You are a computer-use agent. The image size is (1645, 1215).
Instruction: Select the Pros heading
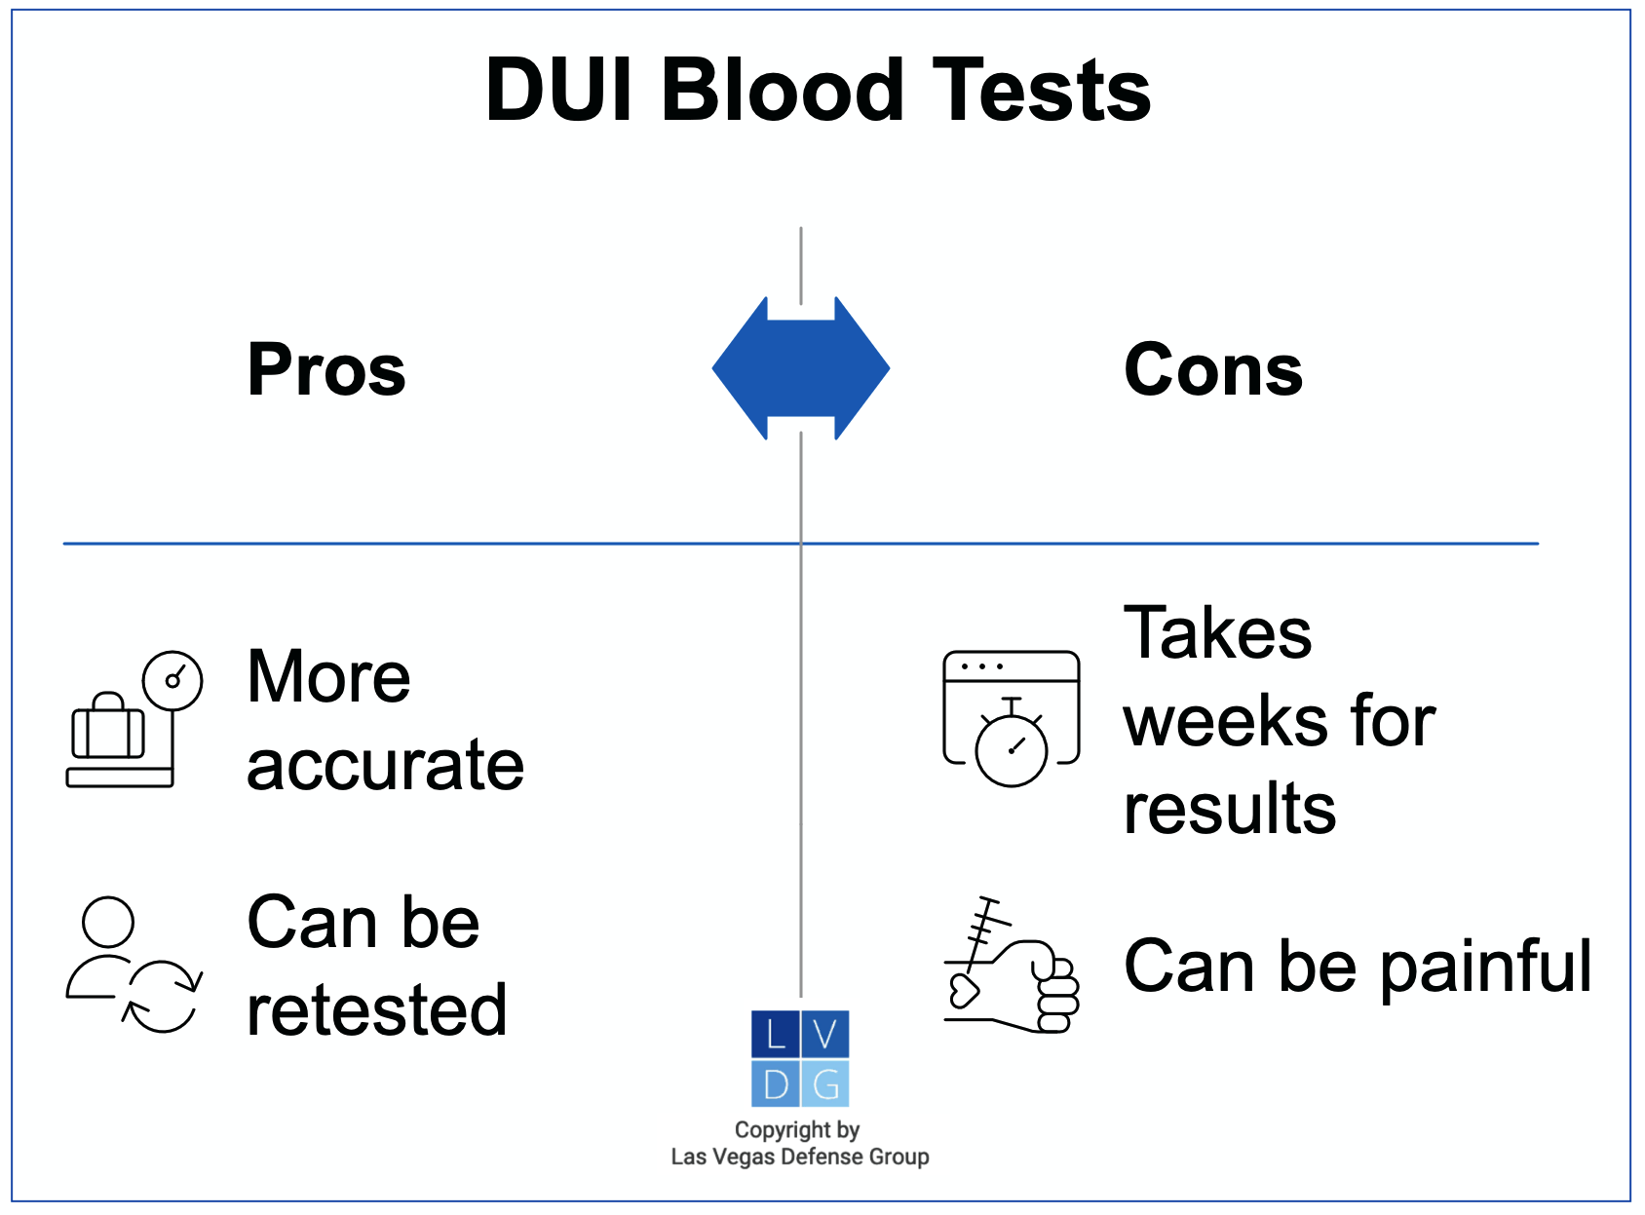tap(326, 370)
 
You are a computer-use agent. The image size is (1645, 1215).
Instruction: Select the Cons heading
tap(1213, 370)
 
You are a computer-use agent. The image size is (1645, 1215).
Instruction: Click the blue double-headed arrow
tap(800, 368)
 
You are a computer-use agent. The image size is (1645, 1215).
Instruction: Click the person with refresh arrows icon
tap(134, 965)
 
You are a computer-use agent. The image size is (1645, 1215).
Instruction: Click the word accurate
tap(385, 766)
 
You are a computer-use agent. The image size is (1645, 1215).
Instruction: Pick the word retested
tap(377, 1010)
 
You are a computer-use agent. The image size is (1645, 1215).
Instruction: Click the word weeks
tap(1226, 722)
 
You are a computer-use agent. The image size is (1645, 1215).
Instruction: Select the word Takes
tap(1217, 634)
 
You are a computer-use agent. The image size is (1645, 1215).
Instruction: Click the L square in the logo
tap(776, 1035)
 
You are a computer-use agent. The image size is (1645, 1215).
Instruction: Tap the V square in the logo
tap(825, 1035)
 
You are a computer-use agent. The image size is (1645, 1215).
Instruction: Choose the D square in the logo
tap(776, 1083)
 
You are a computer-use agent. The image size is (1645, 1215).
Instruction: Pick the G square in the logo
tap(825, 1083)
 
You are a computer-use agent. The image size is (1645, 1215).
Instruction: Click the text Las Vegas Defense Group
tap(799, 1158)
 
